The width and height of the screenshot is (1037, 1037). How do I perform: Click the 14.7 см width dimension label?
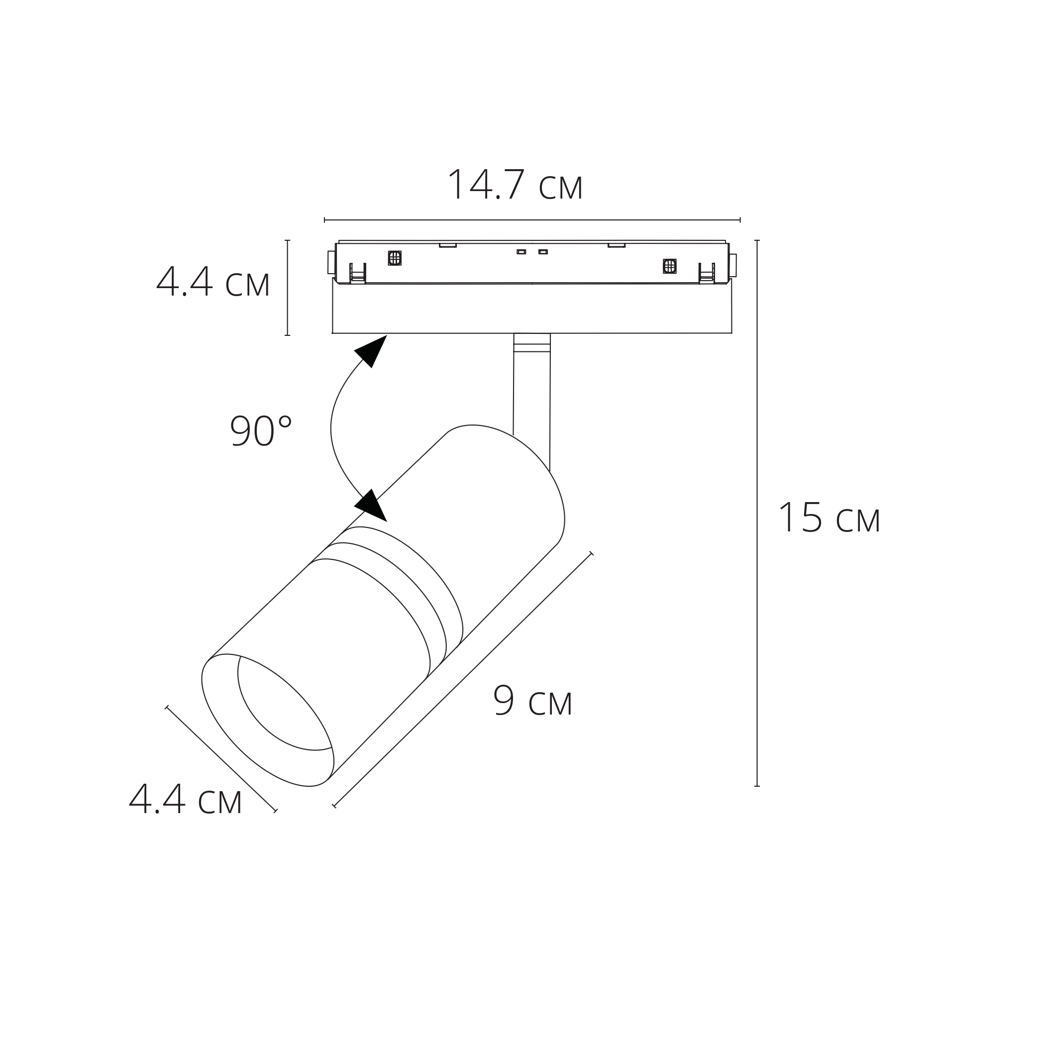(x=515, y=186)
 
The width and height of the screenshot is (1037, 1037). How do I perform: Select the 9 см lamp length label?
(x=532, y=702)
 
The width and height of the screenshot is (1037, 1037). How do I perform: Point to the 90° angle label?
(x=261, y=431)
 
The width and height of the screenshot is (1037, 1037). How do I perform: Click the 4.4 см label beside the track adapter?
(x=213, y=282)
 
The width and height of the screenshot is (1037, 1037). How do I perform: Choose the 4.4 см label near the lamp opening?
(x=186, y=800)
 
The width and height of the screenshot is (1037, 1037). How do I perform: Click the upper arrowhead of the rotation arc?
(x=372, y=350)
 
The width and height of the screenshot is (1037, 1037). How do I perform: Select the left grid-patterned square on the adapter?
(x=395, y=258)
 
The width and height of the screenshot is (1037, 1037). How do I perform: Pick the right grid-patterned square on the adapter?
(x=669, y=266)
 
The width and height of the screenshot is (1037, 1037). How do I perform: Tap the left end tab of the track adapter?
(x=331, y=262)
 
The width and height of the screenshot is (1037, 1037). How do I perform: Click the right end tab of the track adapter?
(x=732, y=265)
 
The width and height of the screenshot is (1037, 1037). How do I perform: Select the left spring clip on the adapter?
(x=357, y=274)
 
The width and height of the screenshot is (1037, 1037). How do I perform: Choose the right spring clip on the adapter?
(x=707, y=274)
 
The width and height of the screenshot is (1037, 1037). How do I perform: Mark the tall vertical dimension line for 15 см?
(x=757, y=516)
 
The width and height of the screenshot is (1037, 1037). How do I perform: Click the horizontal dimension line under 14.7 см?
(x=531, y=220)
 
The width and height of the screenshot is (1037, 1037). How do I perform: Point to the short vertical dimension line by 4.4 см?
(x=287, y=288)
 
